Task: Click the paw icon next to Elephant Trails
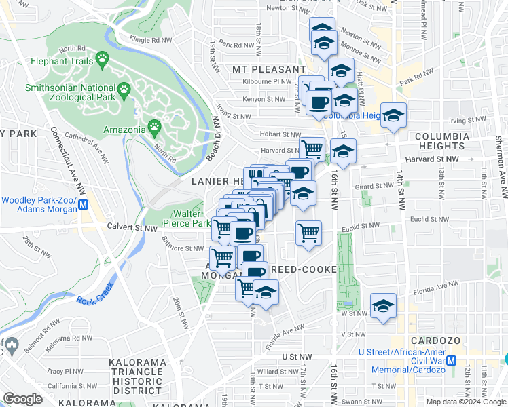coord(103,58)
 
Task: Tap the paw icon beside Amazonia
coord(156,126)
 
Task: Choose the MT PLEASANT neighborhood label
coord(269,69)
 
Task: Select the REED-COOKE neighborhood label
coord(304,270)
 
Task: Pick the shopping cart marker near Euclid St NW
coord(308,233)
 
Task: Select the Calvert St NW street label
coord(130,228)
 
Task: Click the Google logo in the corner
coord(23,398)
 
